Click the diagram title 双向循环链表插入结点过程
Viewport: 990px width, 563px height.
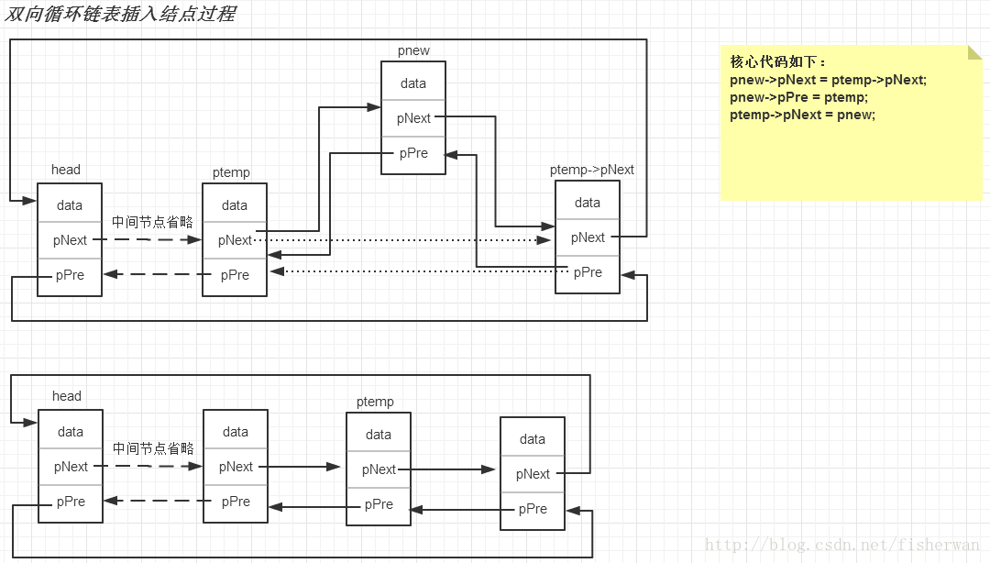(120, 13)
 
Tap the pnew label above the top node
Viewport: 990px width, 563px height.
(413, 50)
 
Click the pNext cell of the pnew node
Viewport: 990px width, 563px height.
(412, 118)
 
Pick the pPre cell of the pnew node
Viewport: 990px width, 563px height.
(412, 154)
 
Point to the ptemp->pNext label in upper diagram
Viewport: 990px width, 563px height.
(591, 170)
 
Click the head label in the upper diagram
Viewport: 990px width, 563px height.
(66, 170)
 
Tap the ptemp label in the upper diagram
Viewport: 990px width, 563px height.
(231, 172)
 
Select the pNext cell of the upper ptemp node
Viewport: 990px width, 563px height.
(235, 240)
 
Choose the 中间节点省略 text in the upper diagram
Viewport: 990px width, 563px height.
(152, 222)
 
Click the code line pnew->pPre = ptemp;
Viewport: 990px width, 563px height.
(798, 97)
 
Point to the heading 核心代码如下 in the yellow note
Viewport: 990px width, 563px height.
(777, 61)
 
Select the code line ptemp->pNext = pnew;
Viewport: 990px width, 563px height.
(802, 115)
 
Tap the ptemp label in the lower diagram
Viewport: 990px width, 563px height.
(375, 402)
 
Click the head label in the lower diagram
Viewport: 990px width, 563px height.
(66, 395)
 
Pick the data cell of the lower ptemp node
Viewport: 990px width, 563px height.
(379, 433)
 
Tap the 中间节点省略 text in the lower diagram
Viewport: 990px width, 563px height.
(153, 448)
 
